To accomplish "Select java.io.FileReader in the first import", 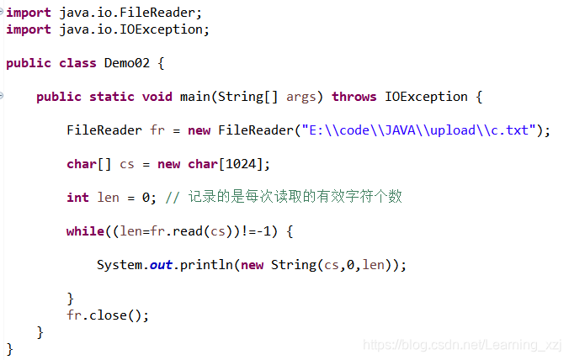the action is click(x=130, y=13).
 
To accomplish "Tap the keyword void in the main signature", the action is click(x=157, y=97).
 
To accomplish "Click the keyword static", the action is click(x=112, y=97).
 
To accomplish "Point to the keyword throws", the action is click(x=354, y=97).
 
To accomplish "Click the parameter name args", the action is click(x=301, y=97).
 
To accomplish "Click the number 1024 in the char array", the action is click(x=245, y=164).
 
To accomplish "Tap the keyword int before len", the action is click(x=77, y=198).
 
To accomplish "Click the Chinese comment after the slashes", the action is click(x=295, y=197).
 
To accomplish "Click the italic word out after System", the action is click(x=161, y=265).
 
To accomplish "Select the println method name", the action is click(x=206, y=265).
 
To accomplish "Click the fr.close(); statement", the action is click(x=108, y=315).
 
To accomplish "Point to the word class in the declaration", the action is click(x=77, y=63).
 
